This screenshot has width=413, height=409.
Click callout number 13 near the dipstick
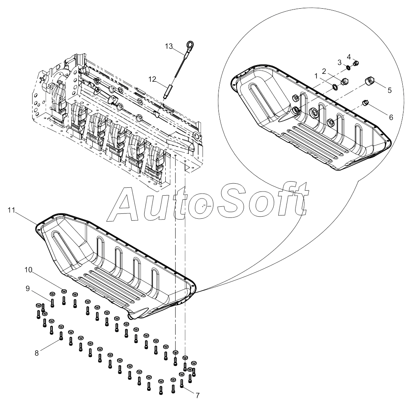pos(169,46)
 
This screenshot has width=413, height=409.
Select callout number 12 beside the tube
pos(153,78)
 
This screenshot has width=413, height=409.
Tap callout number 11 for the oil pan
pos(11,210)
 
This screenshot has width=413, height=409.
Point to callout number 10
pos(28,270)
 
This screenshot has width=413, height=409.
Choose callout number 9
pos(28,288)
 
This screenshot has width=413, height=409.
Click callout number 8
pos(37,353)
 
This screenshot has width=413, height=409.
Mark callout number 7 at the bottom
pos(197,395)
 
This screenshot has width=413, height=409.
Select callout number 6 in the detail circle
pos(391,117)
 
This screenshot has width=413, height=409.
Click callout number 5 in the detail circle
pos(389,89)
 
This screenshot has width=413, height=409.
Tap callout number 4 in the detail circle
pos(349,57)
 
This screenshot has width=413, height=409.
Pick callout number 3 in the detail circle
pos(340,62)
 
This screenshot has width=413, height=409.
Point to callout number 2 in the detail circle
pos(324,71)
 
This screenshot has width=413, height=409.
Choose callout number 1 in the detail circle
pos(316,76)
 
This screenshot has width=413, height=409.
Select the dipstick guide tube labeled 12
pos(168,90)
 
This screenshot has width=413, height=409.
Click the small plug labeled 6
pos(364,102)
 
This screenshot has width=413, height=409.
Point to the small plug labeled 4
pos(357,63)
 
